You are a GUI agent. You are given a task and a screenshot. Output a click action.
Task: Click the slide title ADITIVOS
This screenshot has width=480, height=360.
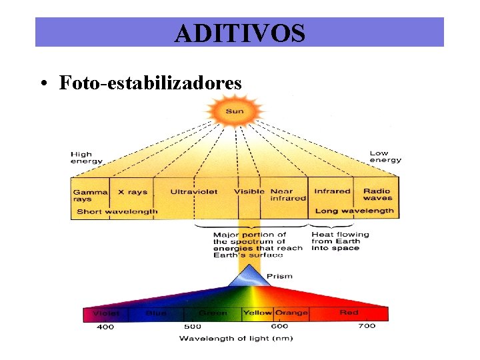click(x=239, y=33)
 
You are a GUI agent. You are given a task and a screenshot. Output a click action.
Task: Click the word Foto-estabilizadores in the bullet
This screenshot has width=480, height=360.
click(x=150, y=83)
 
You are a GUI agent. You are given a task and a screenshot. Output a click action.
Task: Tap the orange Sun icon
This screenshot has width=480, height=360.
click(x=234, y=111)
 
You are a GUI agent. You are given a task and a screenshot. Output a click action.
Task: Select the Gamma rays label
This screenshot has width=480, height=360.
click(x=90, y=195)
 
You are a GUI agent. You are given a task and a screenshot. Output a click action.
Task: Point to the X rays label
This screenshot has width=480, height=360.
click(x=133, y=192)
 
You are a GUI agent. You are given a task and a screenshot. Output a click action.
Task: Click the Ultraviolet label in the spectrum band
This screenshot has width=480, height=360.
click(x=193, y=192)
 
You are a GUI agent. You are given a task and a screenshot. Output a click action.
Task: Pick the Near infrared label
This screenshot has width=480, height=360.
click(x=288, y=195)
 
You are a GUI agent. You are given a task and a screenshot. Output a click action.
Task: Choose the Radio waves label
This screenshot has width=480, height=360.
click(x=377, y=195)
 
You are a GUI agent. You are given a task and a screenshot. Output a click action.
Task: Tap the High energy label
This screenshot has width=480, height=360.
click(x=87, y=157)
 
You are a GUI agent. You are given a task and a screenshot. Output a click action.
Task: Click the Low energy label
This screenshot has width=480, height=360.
click(x=385, y=157)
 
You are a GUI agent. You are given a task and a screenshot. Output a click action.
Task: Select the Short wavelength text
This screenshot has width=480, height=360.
click(x=117, y=211)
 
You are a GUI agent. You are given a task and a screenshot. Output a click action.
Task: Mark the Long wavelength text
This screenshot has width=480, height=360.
click(x=354, y=211)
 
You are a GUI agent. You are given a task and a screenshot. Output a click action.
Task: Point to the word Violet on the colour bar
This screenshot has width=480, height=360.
click(x=107, y=313)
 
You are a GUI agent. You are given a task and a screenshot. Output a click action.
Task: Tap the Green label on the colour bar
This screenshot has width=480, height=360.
click(x=213, y=313)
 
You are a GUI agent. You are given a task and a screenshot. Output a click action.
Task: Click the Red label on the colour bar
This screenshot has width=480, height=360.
click(x=349, y=313)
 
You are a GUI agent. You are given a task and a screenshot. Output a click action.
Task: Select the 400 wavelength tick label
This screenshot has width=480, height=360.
click(x=105, y=327)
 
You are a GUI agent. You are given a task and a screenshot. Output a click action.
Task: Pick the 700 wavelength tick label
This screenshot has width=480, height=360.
click(x=367, y=326)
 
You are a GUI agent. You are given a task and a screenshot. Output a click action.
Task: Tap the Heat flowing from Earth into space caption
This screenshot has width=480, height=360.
click(x=340, y=241)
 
